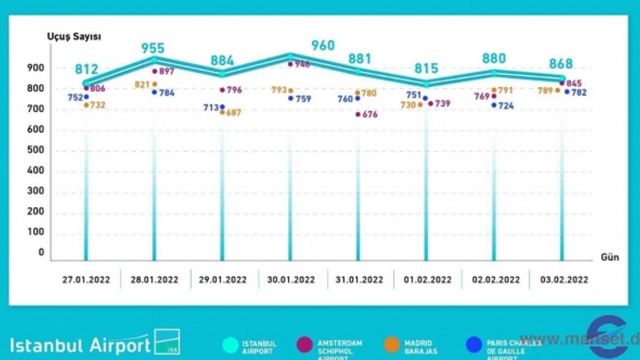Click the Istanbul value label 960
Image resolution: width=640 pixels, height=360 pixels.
coord(322,45)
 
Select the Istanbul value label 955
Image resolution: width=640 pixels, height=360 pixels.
coord(152,48)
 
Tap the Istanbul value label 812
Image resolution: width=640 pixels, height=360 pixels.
coord(86,69)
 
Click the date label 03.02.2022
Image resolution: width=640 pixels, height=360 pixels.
coord(564,279)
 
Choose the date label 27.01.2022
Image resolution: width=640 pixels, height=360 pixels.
coord(86,279)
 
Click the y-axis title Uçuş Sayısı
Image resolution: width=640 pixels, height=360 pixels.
coord(67,36)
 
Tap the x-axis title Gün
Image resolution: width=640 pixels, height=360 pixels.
coord(609,257)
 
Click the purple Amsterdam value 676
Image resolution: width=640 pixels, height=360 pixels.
coord(370,114)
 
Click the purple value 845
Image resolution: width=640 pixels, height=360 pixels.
coord(574,83)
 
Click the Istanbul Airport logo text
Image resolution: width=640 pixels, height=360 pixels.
coord(80,345)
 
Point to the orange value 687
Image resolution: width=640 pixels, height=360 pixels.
coord(233,113)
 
